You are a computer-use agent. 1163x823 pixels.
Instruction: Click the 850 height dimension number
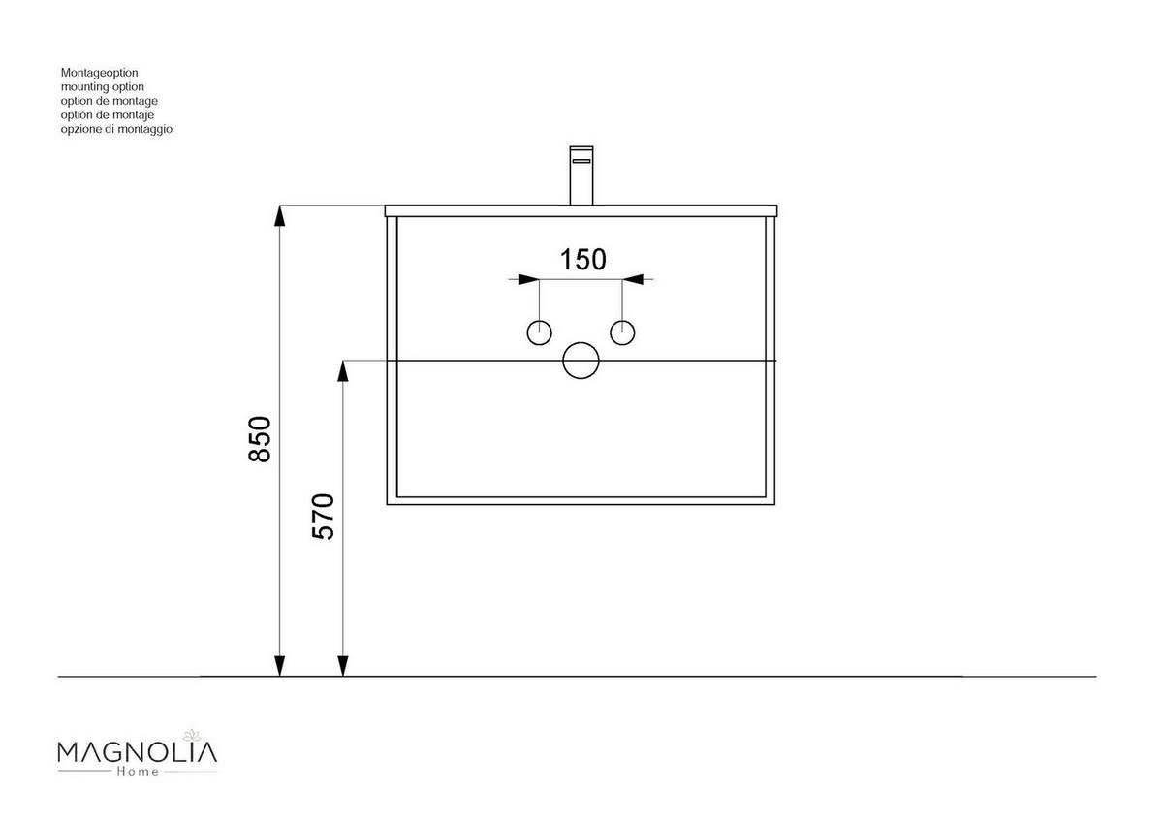click(259, 439)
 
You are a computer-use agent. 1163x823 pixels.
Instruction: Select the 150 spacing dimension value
click(583, 260)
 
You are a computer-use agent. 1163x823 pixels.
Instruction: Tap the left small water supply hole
click(539, 332)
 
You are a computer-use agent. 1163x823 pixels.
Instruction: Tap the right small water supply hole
click(622, 332)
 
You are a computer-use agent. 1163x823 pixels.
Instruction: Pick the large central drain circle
click(581, 361)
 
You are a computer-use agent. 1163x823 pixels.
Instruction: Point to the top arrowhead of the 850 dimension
click(280, 216)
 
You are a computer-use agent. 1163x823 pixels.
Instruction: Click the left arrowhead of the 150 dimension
click(528, 280)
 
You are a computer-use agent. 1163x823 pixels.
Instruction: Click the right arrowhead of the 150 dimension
click(633, 280)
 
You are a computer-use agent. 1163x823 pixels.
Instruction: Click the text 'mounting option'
click(102, 86)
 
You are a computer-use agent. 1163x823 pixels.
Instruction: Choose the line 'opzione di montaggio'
click(116, 129)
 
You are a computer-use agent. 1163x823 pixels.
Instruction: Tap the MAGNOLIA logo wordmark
click(138, 752)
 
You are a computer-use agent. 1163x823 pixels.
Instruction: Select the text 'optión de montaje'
click(108, 114)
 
